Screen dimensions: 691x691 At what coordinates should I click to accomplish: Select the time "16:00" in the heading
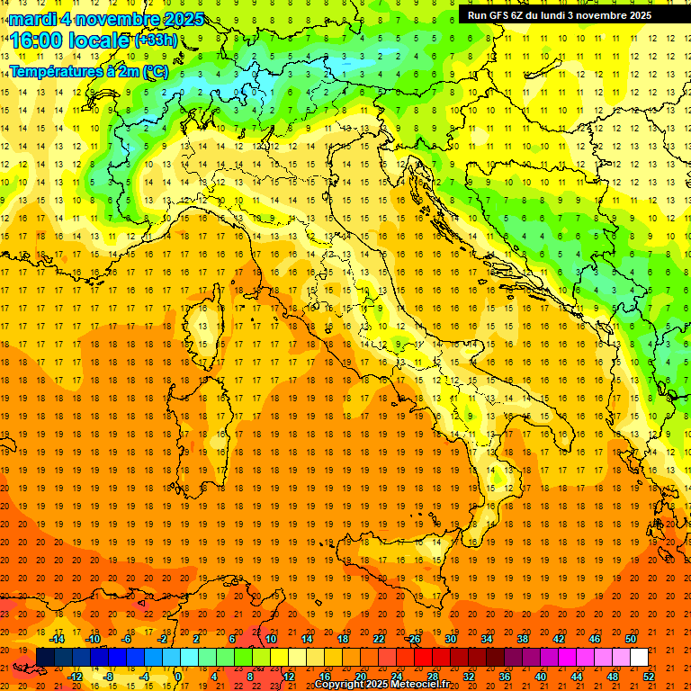point(37,40)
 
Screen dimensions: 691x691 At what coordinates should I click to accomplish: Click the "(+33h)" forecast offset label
point(156,40)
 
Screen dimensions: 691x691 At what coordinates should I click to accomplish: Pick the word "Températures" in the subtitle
point(53,70)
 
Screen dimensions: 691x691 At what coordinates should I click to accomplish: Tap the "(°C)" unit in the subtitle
point(155,70)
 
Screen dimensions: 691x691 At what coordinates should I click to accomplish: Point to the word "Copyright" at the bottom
point(343,685)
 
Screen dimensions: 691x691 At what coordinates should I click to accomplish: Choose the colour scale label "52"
point(649,677)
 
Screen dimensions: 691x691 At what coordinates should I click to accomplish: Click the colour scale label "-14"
point(58,639)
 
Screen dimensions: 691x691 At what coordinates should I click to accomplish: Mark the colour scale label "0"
point(178,677)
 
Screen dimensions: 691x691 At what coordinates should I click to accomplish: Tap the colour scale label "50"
point(630,639)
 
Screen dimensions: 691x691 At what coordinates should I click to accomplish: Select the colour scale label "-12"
point(76,677)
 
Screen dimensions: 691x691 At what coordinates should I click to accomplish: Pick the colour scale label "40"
point(541,677)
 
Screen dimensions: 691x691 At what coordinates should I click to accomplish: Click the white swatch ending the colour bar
point(639,658)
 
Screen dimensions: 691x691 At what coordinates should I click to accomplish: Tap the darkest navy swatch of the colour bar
point(45,658)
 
